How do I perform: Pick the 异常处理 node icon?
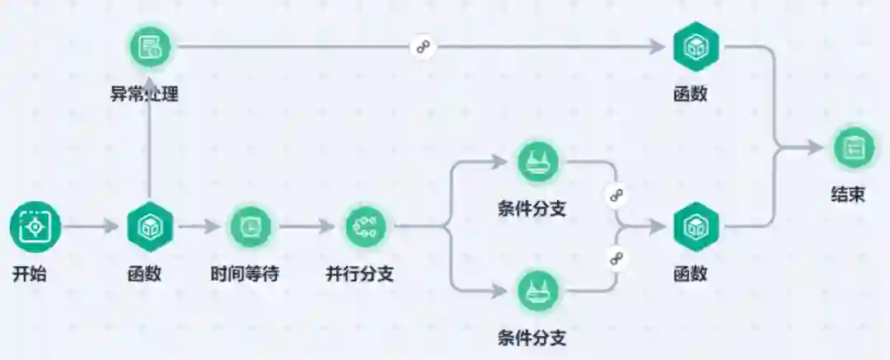click(150, 46)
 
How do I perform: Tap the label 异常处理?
click(145, 93)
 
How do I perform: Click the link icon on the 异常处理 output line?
click(424, 47)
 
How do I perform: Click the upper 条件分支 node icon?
click(538, 161)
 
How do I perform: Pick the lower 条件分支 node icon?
click(538, 290)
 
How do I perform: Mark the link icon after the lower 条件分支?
click(615, 258)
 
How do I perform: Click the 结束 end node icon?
click(854, 148)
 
